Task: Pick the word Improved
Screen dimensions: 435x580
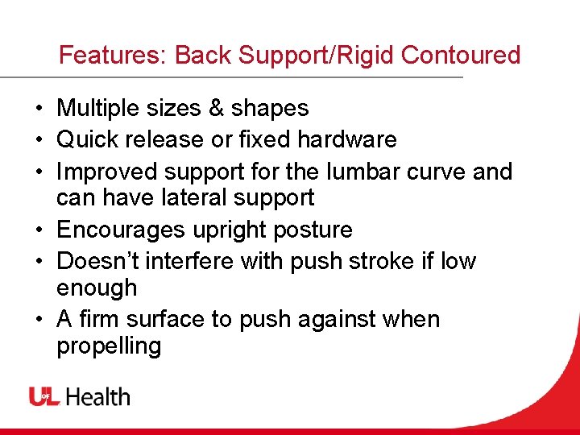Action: click(108, 172)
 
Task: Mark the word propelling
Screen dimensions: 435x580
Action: click(109, 346)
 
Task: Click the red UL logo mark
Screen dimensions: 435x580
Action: click(45, 396)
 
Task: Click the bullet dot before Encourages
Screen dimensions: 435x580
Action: click(39, 230)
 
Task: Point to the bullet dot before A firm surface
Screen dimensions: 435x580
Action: click(39, 320)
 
